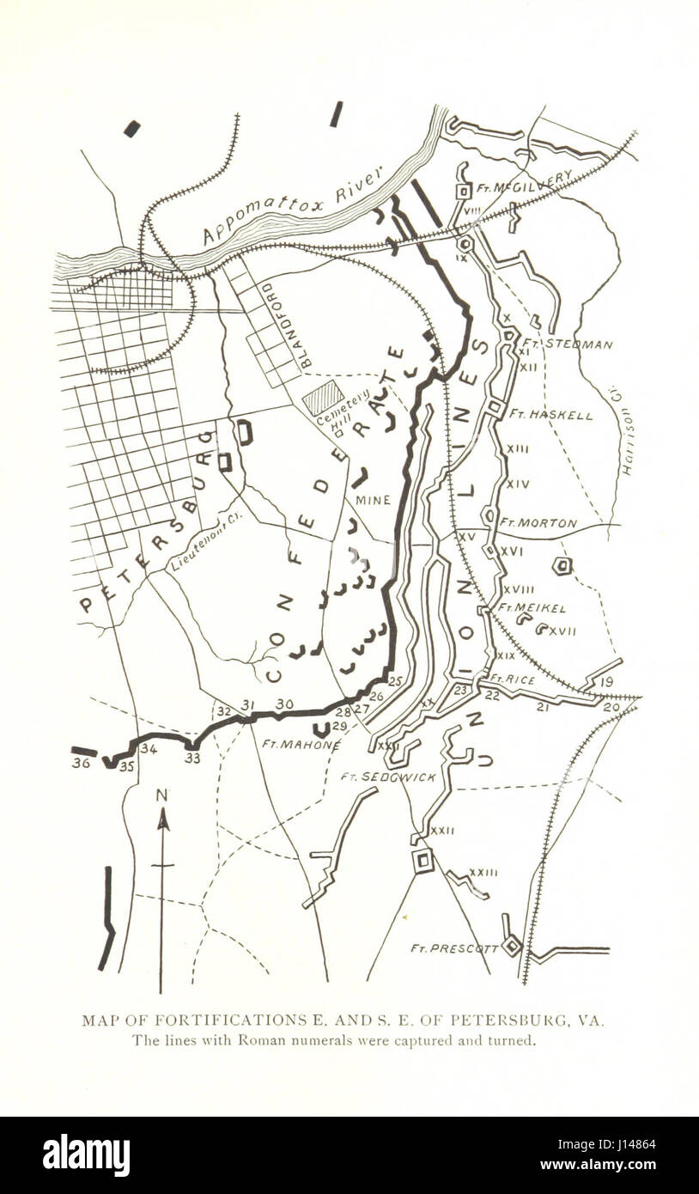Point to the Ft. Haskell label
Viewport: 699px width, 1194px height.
pos(550,414)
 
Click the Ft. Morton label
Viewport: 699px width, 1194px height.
pos(538,522)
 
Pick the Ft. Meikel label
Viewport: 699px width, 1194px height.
pos(532,607)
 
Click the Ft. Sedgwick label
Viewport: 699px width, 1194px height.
pos(388,777)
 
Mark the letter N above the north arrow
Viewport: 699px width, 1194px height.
pos(161,795)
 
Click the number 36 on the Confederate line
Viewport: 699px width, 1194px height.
pos(82,762)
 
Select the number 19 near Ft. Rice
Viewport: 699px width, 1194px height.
pos(606,682)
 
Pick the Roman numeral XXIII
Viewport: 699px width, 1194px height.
pos(483,873)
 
